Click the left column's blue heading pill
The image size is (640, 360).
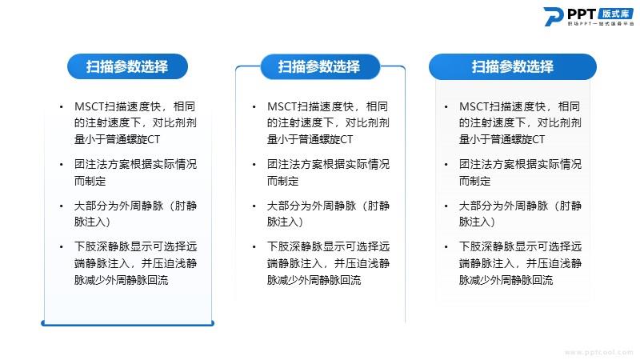(127, 66)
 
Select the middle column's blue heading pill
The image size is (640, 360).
(320, 66)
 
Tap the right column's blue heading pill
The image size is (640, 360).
(513, 66)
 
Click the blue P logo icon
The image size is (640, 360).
(554, 16)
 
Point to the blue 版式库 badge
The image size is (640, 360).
(615, 14)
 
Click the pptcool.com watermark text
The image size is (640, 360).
(598, 352)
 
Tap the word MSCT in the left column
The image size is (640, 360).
(90, 107)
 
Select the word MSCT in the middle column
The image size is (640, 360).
(282, 107)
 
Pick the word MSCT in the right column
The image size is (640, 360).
(474, 107)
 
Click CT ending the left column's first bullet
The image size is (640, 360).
(154, 139)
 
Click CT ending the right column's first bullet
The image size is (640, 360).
(538, 139)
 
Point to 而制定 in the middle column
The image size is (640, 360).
(283, 181)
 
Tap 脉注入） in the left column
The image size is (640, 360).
(93, 222)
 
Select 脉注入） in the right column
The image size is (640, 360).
(477, 222)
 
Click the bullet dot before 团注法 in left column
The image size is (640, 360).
(62, 165)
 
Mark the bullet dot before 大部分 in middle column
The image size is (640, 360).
(254, 206)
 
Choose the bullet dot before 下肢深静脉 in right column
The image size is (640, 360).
(446, 247)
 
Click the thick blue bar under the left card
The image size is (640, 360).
(128, 324)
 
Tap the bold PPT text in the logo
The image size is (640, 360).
(582, 14)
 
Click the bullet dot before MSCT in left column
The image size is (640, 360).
(62, 107)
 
